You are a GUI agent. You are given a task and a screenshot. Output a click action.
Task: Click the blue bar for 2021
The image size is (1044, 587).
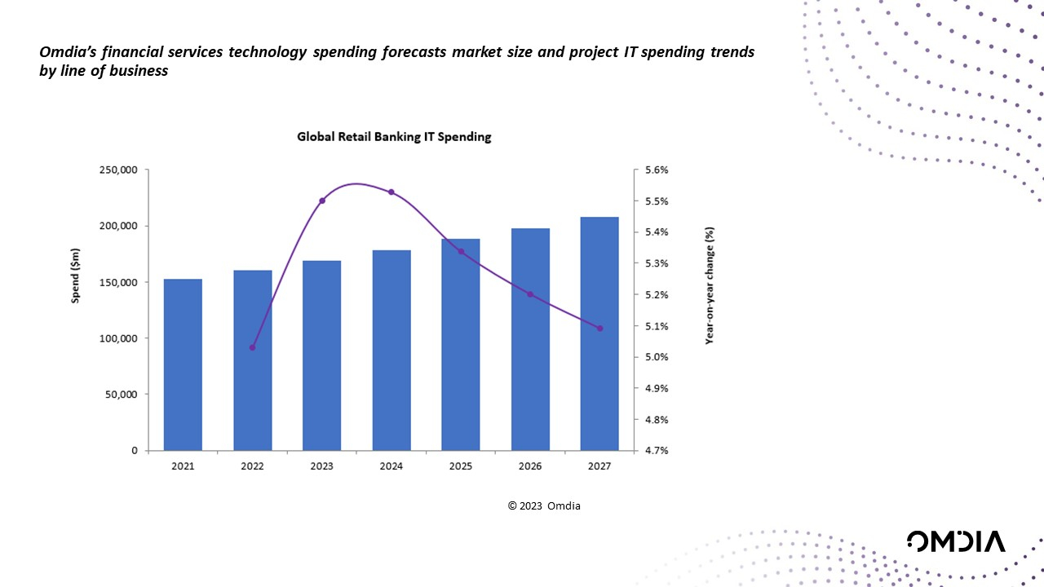tap(183, 364)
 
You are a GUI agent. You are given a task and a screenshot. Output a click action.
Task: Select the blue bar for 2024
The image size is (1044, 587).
tap(391, 351)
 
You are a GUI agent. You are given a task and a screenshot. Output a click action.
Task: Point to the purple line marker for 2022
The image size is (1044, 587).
tap(253, 347)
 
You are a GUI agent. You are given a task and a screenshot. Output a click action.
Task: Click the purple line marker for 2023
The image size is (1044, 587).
tap(322, 201)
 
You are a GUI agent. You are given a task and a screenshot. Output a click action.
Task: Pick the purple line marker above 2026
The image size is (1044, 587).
tap(530, 294)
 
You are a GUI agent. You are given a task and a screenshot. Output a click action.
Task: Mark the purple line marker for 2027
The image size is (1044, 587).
tap(599, 329)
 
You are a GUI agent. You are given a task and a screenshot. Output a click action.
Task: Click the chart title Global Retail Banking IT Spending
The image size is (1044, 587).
tap(394, 137)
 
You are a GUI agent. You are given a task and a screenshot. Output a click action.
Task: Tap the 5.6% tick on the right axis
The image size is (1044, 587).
tap(657, 170)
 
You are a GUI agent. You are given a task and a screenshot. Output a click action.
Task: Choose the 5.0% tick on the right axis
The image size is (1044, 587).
tap(657, 357)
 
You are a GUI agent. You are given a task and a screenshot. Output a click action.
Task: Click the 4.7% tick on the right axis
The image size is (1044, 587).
tap(657, 450)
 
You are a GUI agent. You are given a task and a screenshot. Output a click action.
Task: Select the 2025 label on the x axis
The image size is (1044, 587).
tap(461, 467)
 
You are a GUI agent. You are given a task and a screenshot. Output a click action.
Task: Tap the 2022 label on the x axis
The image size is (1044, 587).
tap(253, 467)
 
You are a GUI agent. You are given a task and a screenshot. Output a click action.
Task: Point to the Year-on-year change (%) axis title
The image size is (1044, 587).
tap(710, 285)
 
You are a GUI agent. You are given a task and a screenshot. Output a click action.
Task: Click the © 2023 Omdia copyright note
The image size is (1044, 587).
tap(544, 506)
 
